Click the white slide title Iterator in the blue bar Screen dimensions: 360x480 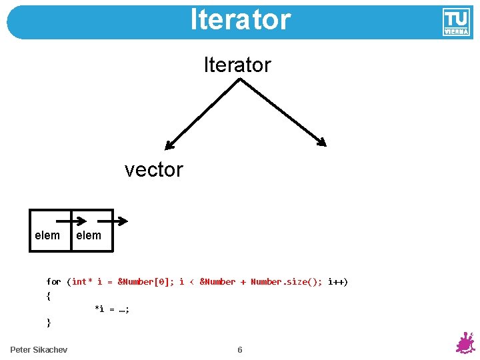(x=240, y=20)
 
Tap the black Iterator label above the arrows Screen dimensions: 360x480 (x=237, y=65)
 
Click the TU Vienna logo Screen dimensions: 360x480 (x=456, y=22)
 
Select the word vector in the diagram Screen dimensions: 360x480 (x=153, y=169)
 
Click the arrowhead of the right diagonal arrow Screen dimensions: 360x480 (x=322, y=142)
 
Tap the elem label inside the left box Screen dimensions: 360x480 (x=47, y=235)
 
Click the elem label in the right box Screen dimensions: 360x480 (x=89, y=235)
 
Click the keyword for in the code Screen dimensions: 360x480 (x=53, y=282)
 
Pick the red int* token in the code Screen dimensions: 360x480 (x=82, y=282)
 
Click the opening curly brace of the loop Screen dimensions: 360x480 (x=49, y=295)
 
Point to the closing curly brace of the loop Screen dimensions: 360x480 (x=49, y=323)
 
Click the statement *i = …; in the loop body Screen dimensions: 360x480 (x=112, y=309)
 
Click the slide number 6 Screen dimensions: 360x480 (x=240, y=350)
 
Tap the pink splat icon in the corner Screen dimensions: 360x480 (x=465, y=343)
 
